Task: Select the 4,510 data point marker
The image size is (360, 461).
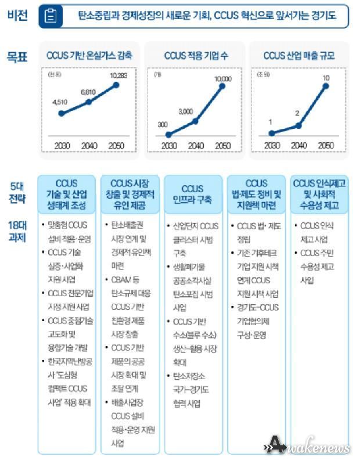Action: pos(61,113)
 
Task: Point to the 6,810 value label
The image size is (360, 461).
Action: pos(88,92)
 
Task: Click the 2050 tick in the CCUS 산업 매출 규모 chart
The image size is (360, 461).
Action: pos(325,146)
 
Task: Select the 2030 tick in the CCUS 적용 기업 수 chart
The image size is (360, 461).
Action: pos(169,146)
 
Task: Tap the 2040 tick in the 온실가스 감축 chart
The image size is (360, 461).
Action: pos(88,146)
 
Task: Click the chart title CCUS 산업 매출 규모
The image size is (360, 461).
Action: pos(298,56)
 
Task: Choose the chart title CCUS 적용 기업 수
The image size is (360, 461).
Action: pos(195,56)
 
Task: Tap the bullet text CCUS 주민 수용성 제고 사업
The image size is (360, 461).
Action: pos(319,266)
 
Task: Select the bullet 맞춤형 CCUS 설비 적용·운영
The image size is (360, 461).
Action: pos(69,231)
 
